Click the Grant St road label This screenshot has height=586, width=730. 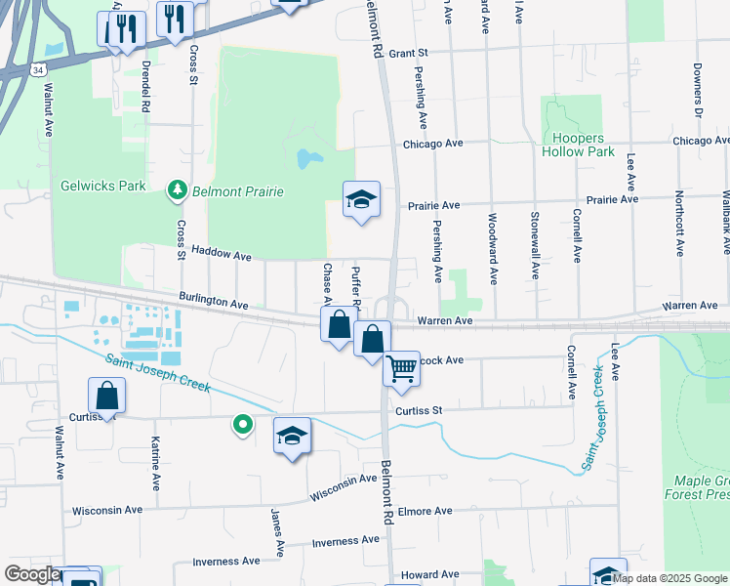pyautogui.click(x=409, y=54)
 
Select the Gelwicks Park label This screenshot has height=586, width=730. pyautogui.click(x=102, y=186)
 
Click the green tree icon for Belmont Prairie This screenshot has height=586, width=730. pyautogui.click(x=178, y=189)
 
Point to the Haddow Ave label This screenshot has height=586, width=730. pyautogui.click(x=222, y=253)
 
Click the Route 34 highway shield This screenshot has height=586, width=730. pyautogui.click(x=36, y=69)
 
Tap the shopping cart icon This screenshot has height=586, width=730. pyautogui.click(x=401, y=369)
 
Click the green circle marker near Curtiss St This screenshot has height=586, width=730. pyautogui.click(x=242, y=424)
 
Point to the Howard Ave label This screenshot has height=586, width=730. pyautogui.click(x=429, y=575)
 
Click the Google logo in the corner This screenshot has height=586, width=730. pyautogui.click(x=31, y=574)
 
